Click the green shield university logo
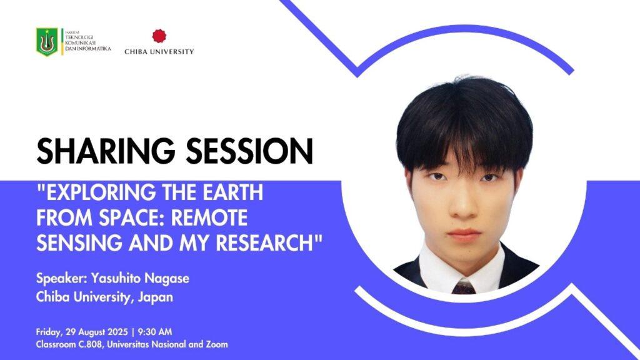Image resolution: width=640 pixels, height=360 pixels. (47, 42)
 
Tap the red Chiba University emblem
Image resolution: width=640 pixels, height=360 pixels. (159, 36)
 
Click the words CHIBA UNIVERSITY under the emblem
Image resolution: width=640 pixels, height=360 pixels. (159, 52)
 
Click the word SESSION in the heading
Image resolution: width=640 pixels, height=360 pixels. (250, 151)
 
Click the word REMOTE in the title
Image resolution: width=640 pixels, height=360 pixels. (209, 217)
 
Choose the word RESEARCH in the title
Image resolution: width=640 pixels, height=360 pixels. (264, 242)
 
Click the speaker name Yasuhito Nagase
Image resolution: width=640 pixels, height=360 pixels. (140, 278)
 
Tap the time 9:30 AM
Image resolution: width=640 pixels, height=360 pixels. (155, 331)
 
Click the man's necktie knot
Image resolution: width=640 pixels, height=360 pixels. (464, 287)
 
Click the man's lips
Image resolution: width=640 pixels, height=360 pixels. (464, 235)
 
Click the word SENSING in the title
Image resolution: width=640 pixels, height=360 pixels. (79, 242)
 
